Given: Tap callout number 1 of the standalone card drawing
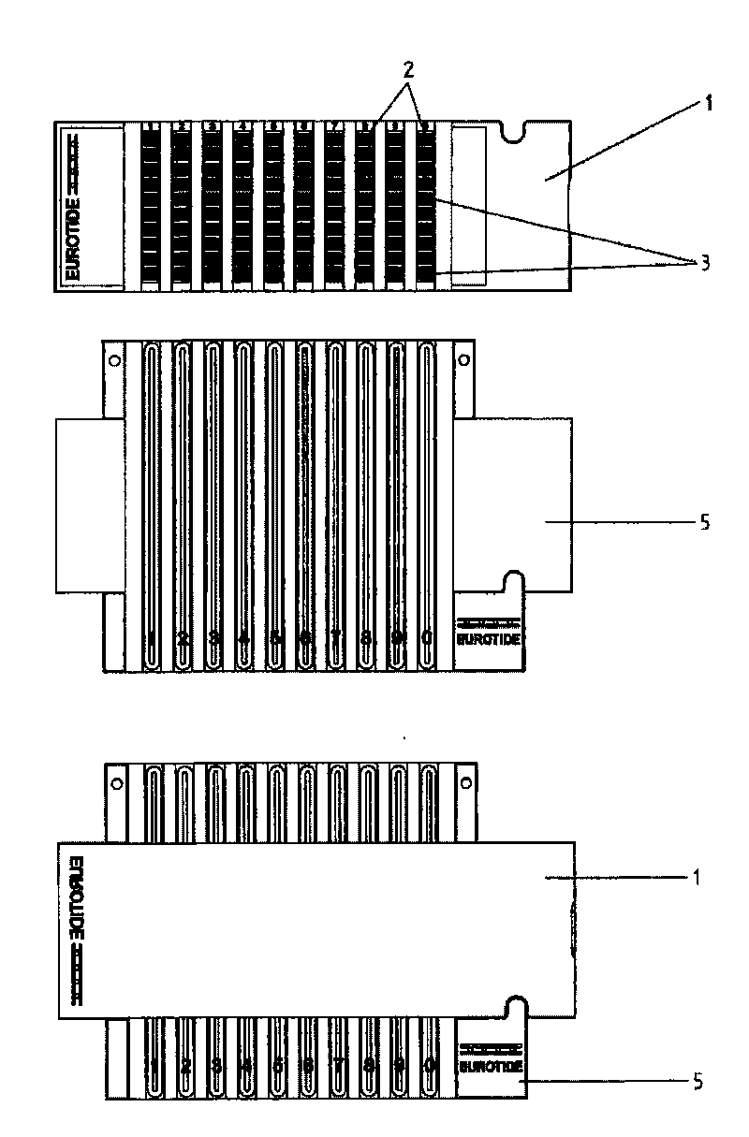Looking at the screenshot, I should click(x=709, y=104).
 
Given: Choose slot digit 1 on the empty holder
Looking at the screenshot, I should click(x=153, y=638).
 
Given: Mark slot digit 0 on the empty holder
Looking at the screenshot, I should click(x=427, y=638).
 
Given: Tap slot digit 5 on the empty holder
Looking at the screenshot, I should click(x=275, y=638).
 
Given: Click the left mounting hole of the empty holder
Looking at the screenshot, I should click(x=113, y=360).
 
